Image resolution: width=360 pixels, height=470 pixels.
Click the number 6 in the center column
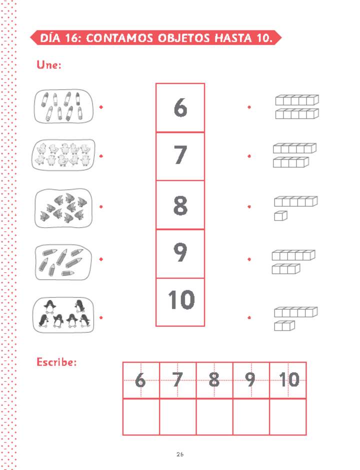tap(180, 107)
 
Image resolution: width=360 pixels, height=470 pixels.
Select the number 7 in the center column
tap(180, 156)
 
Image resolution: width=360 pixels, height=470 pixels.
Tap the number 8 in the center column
tap(180, 205)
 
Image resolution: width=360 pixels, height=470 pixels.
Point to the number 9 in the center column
tap(180, 253)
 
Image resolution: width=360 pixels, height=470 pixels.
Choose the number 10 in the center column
tap(180, 300)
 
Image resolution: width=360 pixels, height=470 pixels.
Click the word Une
tap(49, 65)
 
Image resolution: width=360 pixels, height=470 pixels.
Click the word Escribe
tap(56, 361)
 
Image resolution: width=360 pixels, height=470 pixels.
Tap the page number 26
tap(180, 454)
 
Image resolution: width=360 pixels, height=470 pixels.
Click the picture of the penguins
tap(63, 315)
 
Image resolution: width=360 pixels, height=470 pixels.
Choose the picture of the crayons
tap(63, 106)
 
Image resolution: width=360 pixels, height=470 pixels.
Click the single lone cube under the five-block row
tap(281, 216)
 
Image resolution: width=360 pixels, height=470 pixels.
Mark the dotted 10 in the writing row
tap(288, 380)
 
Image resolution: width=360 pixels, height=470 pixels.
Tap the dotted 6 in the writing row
tap(140, 380)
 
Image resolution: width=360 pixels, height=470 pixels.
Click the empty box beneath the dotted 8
tap(214, 416)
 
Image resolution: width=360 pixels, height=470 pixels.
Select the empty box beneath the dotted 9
tap(251, 416)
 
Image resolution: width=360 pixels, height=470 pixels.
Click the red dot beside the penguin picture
tap(101, 317)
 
